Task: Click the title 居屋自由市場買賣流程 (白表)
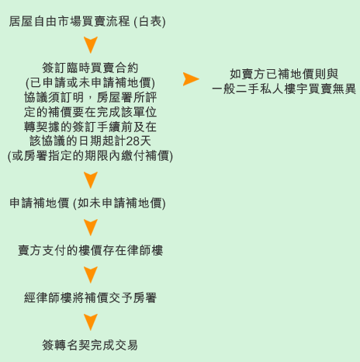pyautogui.click(x=88, y=22)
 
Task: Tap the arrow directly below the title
pyautogui.click(x=91, y=44)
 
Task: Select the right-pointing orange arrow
pyautogui.click(x=191, y=79)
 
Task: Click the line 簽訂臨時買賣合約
pyautogui.click(x=90, y=68)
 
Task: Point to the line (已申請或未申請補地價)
pyautogui.click(x=90, y=83)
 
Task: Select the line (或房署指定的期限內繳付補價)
pyautogui.click(x=90, y=156)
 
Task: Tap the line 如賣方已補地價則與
pyautogui.click(x=284, y=75)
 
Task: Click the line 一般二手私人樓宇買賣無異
pyautogui.click(x=284, y=89)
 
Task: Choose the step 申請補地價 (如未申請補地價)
pyautogui.click(x=88, y=204)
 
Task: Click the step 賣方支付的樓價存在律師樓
pyautogui.click(x=90, y=250)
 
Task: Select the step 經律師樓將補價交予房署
pyautogui.click(x=90, y=298)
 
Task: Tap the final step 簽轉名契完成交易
pyautogui.click(x=90, y=345)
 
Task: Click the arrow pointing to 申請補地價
pyautogui.click(x=91, y=179)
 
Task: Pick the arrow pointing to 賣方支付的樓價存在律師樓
pyautogui.click(x=91, y=227)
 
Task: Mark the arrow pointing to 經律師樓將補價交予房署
pyautogui.click(x=91, y=274)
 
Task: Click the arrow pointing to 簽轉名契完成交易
pyautogui.click(x=91, y=322)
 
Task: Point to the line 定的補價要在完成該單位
pyautogui.click(x=90, y=112)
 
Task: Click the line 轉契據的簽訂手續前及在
pyautogui.click(x=90, y=127)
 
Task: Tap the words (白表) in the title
pyautogui.click(x=150, y=22)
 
